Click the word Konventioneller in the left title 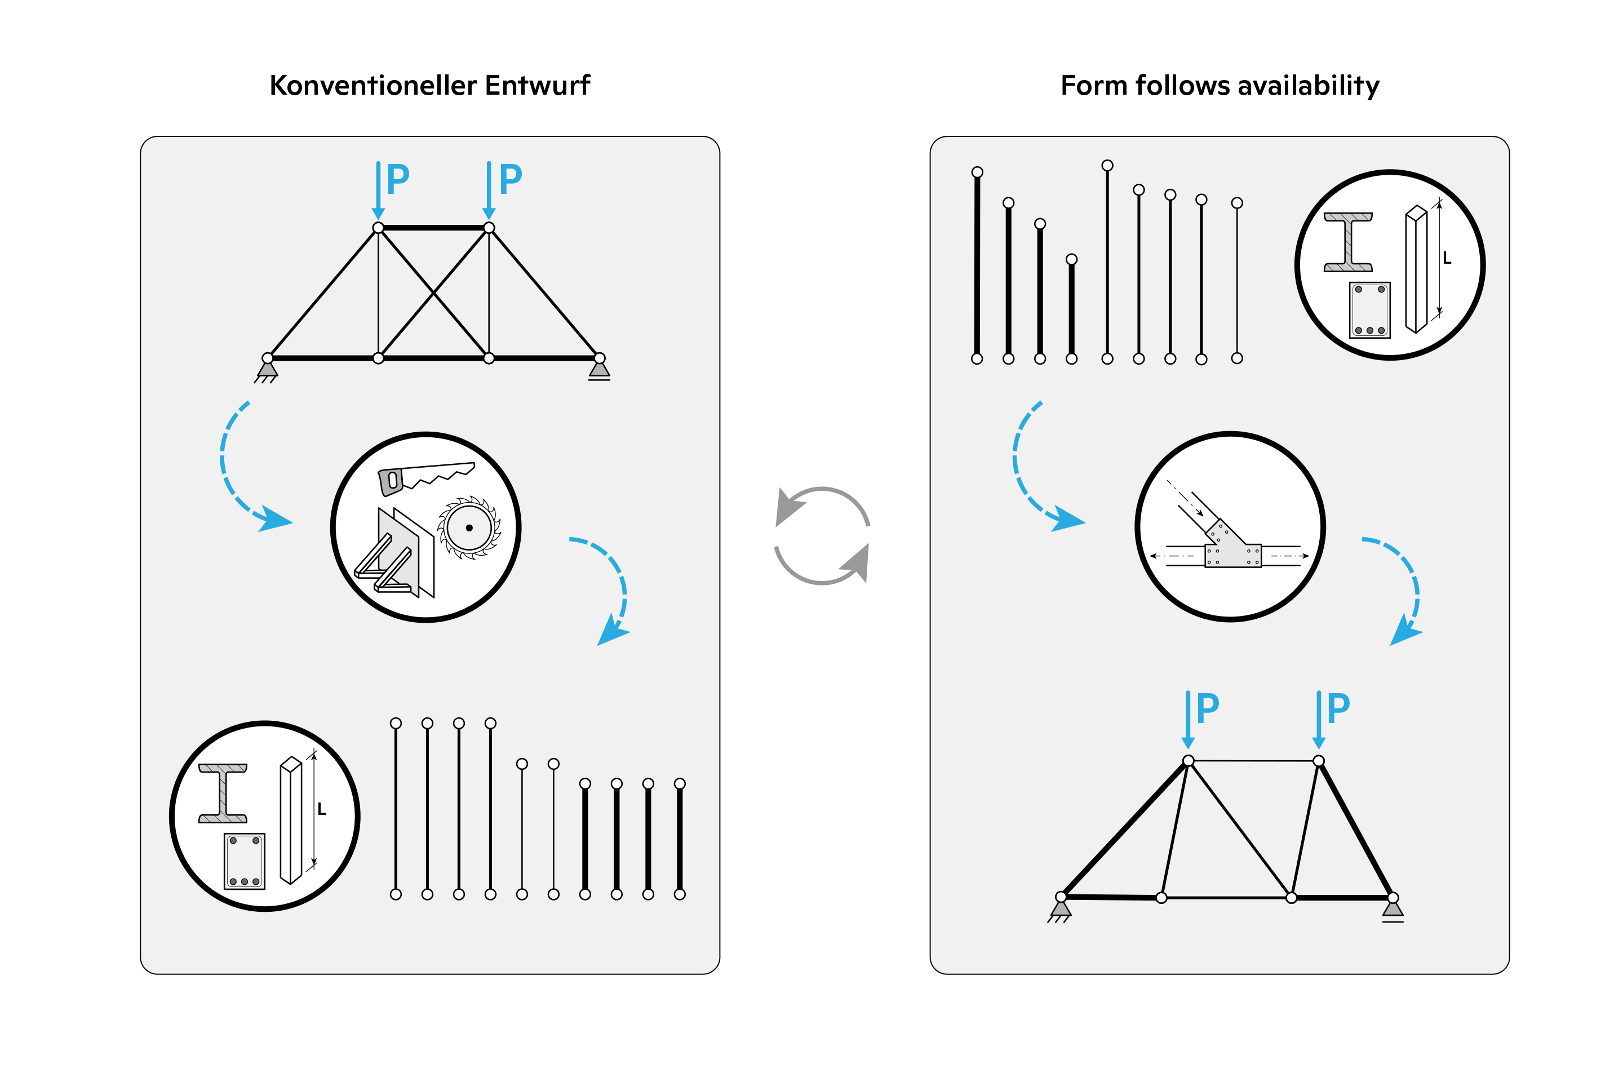point(373,86)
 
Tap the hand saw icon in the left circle point(424,477)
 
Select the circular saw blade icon point(469,528)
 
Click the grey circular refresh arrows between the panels point(822,536)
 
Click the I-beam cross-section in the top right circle point(1347,242)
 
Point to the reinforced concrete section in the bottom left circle point(244,861)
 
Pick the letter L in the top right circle point(1447,259)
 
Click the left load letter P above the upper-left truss point(398,179)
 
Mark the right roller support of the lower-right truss point(1393,911)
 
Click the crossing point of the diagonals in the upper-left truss point(433,293)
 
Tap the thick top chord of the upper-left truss point(433,228)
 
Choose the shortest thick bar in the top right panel point(1072,311)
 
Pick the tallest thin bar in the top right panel point(1107,262)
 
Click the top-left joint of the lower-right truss point(1189,761)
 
